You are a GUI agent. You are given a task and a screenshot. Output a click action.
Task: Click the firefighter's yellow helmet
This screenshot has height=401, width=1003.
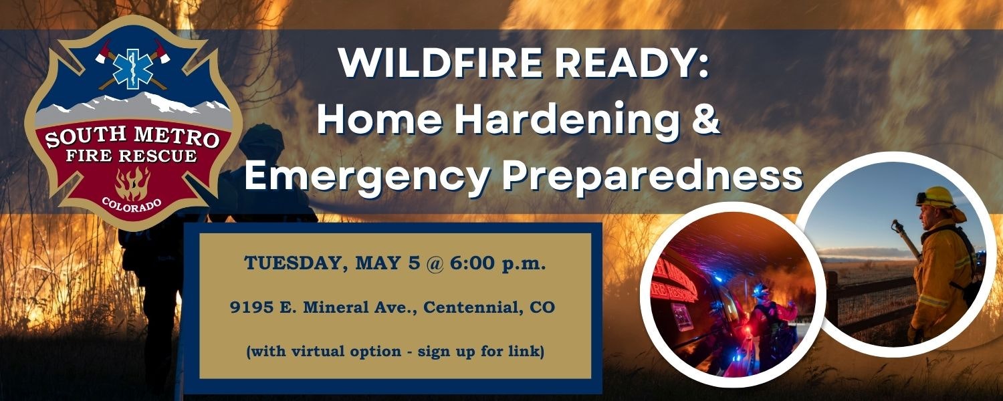[x=938, y=196]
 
